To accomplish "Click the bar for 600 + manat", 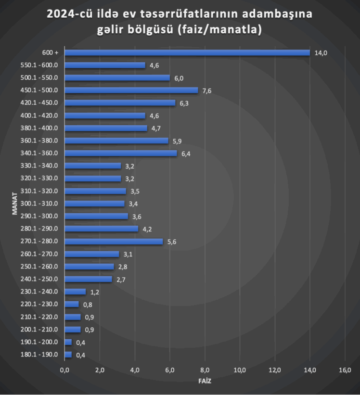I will [x=187, y=52].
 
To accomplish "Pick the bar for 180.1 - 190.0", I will [x=68, y=355].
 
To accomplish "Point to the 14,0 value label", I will [x=321, y=53].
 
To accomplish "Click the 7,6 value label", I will [x=208, y=90].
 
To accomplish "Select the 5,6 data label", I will [x=172, y=242].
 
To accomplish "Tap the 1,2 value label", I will [x=95, y=292].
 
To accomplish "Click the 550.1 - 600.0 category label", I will [x=40, y=65].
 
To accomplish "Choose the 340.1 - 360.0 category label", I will [x=40, y=153].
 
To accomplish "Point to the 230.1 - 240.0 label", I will [x=40, y=292].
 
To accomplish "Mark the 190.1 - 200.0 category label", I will [x=40, y=342].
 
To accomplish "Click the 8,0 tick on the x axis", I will [x=205, y=370].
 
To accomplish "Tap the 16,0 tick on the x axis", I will [x=345, y=370].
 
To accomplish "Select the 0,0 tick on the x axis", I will [x=64, y=370].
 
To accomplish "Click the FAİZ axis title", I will [x=205, y=381].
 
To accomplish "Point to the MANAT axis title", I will [x=15, y=204].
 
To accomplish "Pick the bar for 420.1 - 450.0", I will [x=120, y=102].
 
